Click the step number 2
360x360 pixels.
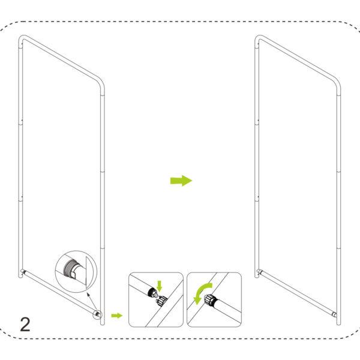25,324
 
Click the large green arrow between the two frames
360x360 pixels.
181,181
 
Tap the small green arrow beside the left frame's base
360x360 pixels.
117,316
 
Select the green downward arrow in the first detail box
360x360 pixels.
160,286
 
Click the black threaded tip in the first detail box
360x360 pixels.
152,293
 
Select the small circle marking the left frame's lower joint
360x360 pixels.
97,314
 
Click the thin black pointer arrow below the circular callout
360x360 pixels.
91,301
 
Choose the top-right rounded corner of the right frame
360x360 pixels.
337,83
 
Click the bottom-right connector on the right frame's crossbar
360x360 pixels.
335,314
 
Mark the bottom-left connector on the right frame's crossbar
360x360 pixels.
259,272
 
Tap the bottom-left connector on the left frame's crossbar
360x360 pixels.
23,272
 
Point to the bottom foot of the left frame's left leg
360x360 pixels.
20,275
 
